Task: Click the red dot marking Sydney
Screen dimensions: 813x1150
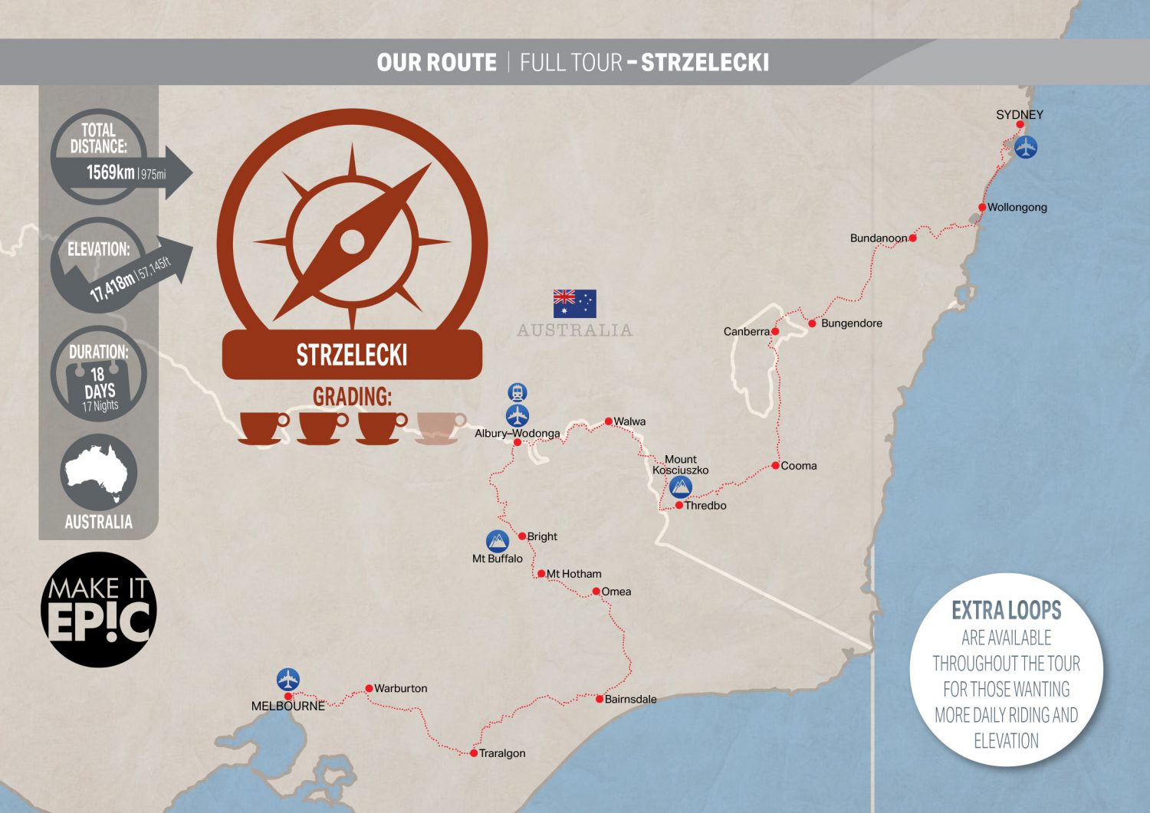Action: pyautogui.click(x=1020, y=124)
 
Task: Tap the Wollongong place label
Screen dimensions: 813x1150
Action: pyautogui.click(x=1017, y=208)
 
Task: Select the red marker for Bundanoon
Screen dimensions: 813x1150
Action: pyautogui.click(x=912, y=238)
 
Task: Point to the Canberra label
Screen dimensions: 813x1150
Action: pyautogui.click(x=746, y=332)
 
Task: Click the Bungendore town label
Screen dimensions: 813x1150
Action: pyautogui.click(x=851, y=323)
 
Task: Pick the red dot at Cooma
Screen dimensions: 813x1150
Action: pyautogui.click(x=775, y=466)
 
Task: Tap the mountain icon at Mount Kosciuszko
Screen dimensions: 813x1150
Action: pyautogui.click(x=681, y=487)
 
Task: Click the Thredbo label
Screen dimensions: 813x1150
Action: pyautogui.click(x=705, y=506)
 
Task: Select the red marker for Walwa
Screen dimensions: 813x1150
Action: pyautogui.click(x=608, y=421)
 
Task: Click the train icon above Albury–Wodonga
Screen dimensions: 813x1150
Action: pyautogui.click(x=517, y=393)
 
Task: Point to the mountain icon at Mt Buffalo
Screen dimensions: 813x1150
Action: pyautogui.click(x=498, y=542)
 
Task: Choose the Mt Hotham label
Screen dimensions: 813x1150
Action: pyautogui.click(x=573, y=574)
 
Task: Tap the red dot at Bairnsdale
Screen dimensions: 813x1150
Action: pyautogui.click(x=600, y=699)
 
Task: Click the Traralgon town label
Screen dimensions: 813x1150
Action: pyautogui.click(x=502, y=753)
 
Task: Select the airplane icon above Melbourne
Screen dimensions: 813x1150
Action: pyautogui.click(x=288, y=680)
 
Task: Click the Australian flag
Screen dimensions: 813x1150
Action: pyautogui.click(x=574, y=303)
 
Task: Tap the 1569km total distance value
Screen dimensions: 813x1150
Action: pyautogui.click(x=110, y=172)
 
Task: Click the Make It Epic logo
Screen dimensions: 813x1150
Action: pyautogui.click(x=99, y=610)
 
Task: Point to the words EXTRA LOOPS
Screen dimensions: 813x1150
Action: pyautogui.click(x=1006, y=611)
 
